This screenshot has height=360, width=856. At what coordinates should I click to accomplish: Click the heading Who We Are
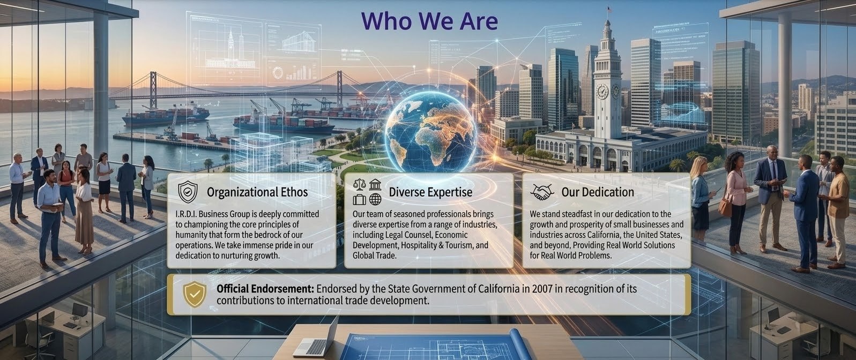pyautogui.click(x=429, y=21)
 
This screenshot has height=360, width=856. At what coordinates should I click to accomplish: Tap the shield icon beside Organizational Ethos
pyautogui.click(x=188, y=191)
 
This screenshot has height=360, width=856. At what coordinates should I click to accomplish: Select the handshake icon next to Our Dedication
pyautogui.click(x=542, y=192)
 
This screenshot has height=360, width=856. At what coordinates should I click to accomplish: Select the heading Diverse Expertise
pyautogui.click(x=430, y=192)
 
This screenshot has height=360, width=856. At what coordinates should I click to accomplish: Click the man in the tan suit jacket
pyautogui.click(x=838, y=209)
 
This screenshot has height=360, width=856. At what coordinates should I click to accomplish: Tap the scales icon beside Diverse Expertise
pyautogui.click(x=360, y=185)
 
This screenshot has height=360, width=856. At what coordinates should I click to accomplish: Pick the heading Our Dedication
pyautogui.click(x=597, y=192)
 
